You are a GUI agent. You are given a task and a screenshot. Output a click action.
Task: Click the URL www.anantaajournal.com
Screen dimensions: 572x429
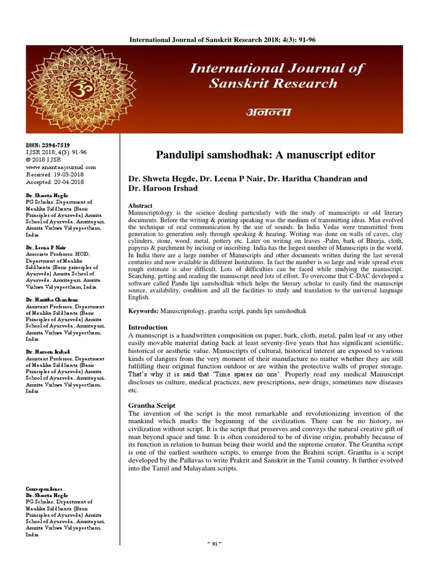point(61,166)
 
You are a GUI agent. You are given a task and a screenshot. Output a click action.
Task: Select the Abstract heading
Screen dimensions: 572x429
point(140,206)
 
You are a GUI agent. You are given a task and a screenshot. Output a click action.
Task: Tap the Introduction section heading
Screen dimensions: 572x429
point(148,327)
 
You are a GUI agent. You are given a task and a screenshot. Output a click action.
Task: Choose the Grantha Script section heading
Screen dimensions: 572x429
point(152,405)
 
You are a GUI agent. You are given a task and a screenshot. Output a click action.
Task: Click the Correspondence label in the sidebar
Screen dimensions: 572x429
point(44,489)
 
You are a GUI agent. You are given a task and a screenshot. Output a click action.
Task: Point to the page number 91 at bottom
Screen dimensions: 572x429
point(215,559)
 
